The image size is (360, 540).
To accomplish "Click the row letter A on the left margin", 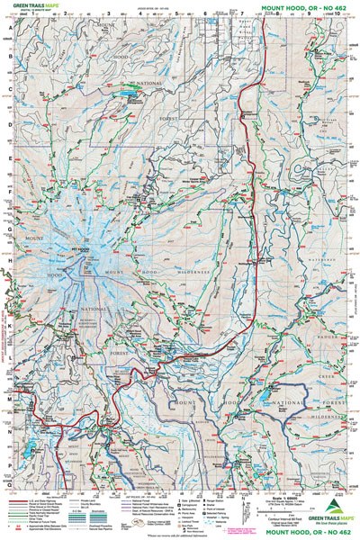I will tap(11, 27).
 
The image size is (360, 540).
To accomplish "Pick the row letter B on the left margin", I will tap(11, 58).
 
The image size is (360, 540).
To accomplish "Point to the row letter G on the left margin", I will tap(11, 229).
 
